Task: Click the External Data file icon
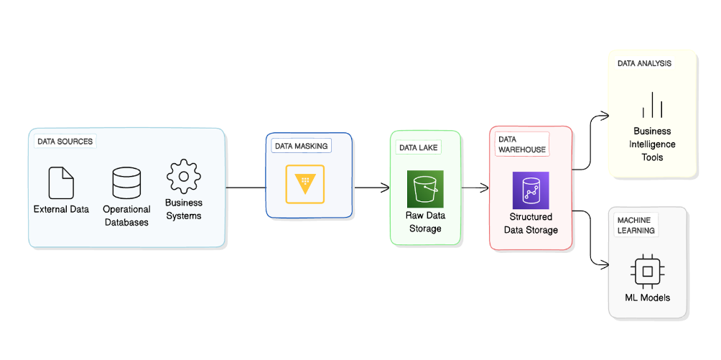[x=61, y=183]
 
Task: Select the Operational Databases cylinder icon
[x=126, y=183]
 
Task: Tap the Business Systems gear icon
[x=184, y=177]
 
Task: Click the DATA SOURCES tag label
[x=65, y=142]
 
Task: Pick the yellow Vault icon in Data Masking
[x=304, y=184]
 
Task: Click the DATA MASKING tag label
[x=301, y=146]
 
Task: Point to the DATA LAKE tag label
[x=418, y=147]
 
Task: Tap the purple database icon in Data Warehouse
[x=531, y=190]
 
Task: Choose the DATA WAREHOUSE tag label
[x=522, y=144]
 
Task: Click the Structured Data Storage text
[x=531, y=223]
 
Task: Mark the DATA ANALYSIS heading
[x=644, y=63]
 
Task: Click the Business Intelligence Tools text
[x=652, y=144]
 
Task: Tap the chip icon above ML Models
[x=647, y=271]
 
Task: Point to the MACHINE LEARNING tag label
[x=636, y=225]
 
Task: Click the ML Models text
[x=647, y=297]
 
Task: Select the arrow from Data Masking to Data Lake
[x=371, y=188]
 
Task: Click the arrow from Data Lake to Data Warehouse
[x=475, y=188]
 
